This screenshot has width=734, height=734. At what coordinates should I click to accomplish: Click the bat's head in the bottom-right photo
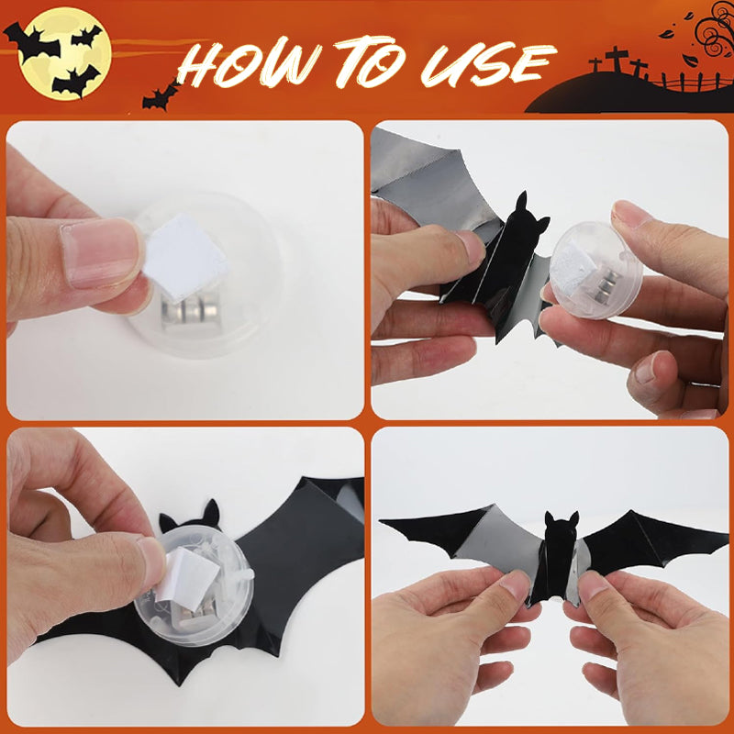tap(561, 532)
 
